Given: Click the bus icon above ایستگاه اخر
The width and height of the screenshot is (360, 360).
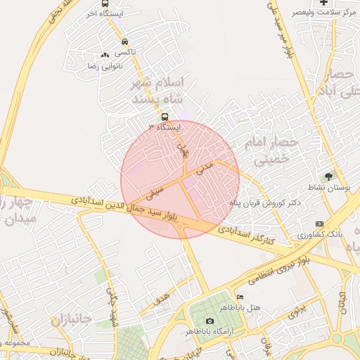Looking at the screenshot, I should (x=105, y=4).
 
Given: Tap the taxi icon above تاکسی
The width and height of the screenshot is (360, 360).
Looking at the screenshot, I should (x=124, y=41).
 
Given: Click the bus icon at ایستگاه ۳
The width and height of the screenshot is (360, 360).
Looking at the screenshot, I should (x=165, y=117).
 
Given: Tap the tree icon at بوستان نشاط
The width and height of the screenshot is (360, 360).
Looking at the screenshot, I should (x=328, y=176).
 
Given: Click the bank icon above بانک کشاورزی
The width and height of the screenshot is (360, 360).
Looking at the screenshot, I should (x=321, y=223).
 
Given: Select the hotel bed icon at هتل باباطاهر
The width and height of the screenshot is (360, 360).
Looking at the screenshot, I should (x=240, y=297).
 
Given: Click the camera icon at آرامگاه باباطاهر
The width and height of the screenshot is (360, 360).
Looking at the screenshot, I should (x=210, y=321).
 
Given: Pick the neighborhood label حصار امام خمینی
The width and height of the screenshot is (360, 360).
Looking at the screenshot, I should (x=271, y=151).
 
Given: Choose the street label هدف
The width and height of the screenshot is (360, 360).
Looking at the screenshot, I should (x=161, y=300).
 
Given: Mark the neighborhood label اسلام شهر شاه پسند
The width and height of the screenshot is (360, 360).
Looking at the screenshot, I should (x=157, y=92).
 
